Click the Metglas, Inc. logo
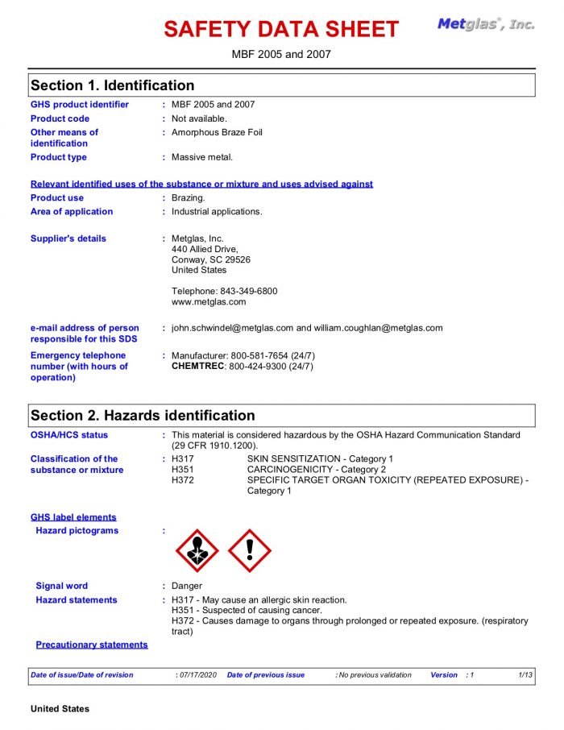click(x=486, y=24)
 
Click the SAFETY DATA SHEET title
click(x=281, y=29)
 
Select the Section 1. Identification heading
click(x=112, y=85)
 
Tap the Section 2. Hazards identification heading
click(x=143, y=416)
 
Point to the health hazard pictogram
click(x=197, y=551)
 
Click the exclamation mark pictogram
click(x=250, y=551)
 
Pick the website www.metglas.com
click(x=209, y=302)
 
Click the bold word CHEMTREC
click(x=198, y=367)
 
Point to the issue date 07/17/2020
click(x=197, y=675)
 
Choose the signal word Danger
click(x=187, y=586)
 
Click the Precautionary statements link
click(x=92, y=645)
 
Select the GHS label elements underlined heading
click(x=73, y=517)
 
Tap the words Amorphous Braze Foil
click(x=217, y=132)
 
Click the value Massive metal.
click(x=202, y=157)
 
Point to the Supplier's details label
click(x=68, y=238)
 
